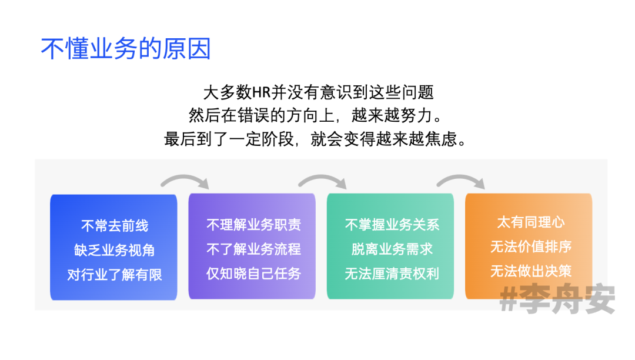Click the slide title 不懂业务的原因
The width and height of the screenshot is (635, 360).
click(126, 49)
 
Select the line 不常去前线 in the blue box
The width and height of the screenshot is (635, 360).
click(114, 226)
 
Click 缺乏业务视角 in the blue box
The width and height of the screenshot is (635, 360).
click(114, 250)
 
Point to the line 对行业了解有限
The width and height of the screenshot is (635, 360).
click(114, 275)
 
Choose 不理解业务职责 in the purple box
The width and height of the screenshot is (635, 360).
click(253, 225)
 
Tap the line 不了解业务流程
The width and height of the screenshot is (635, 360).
click(253, 249)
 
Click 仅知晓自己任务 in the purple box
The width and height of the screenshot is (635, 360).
click(253, 274)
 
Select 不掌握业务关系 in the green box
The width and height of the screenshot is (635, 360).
click(392, 225)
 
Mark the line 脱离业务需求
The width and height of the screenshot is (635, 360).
click(392, 249)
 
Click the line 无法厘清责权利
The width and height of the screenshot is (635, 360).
click(392, 274)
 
